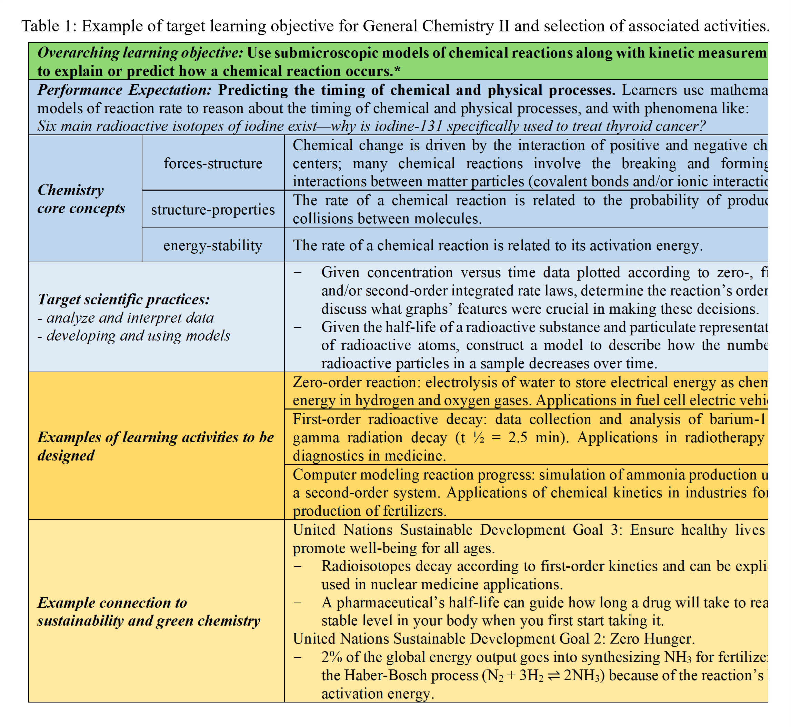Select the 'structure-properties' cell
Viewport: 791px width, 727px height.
[213, 209]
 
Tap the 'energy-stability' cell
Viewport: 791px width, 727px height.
[213, 245]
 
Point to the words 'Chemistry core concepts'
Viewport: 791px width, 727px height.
[81, 199]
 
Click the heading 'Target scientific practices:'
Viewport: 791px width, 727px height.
[123, 299]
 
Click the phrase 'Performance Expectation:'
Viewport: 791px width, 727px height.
[125, 90]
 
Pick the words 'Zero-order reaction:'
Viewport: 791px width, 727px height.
[357, 382]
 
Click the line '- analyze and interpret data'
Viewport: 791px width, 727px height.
[126, 317]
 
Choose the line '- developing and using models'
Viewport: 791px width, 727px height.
[134, 335]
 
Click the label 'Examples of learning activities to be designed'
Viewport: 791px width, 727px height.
[156, 446]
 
